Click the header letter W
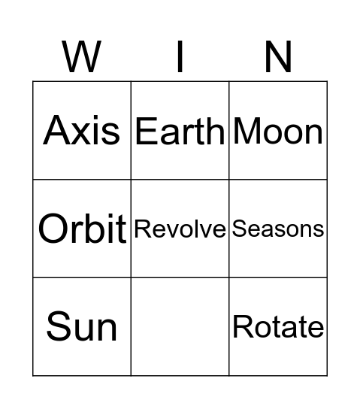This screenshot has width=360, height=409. pos(82,56)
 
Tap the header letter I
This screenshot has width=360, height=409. pos(180,56)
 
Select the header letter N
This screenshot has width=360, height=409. pos(278,56)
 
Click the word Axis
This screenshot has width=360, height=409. pos(82,130)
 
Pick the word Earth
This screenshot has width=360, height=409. pos(180,132)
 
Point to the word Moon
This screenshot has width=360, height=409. pos(278,132)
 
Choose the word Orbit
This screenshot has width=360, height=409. pos(82,229)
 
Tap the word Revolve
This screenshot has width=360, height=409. pos(180,229)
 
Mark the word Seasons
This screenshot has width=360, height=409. pos(278,229)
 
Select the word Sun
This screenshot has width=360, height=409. pos(82,326)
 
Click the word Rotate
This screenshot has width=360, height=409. pos(278,327)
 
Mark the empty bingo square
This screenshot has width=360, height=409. pos(180,326)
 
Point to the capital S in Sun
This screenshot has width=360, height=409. pos(58,326)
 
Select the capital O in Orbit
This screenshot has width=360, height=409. pos(53,229)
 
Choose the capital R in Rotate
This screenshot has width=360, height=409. pos(241,327)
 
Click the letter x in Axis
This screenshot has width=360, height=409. pos(83,133)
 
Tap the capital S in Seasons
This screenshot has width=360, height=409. pos(238,229)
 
